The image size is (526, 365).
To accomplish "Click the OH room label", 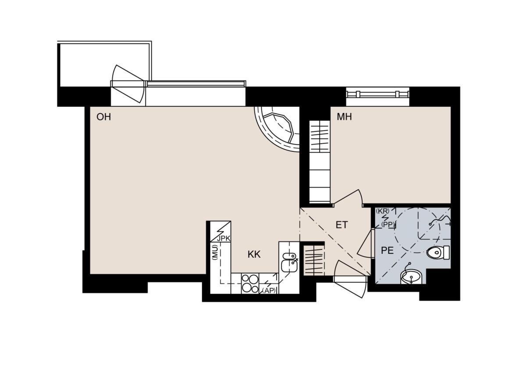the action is (103, 117).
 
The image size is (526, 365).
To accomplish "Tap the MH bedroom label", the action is (344, 117).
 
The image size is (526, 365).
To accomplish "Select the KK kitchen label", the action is (254, 254).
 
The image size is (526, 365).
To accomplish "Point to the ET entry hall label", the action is (341, 225).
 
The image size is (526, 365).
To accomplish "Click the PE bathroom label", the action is (387, 251).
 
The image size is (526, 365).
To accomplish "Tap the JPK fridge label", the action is (224, 239).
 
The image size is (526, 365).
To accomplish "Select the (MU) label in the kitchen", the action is (215, 253).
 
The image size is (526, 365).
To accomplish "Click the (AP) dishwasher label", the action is (269, 291).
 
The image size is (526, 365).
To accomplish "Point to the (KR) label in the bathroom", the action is (383, 211).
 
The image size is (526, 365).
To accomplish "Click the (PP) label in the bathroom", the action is (388, 225).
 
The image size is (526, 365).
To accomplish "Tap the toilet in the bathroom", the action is (438, 253).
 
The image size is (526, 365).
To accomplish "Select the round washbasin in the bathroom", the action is (411, 277).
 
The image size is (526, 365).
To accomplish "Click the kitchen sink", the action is (290, 262).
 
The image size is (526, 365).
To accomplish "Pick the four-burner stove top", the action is (250, 284).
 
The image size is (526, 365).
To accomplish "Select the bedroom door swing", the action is (348, 198).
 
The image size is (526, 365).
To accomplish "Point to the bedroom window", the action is (377, 95).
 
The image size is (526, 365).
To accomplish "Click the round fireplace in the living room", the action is (277, 129).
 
